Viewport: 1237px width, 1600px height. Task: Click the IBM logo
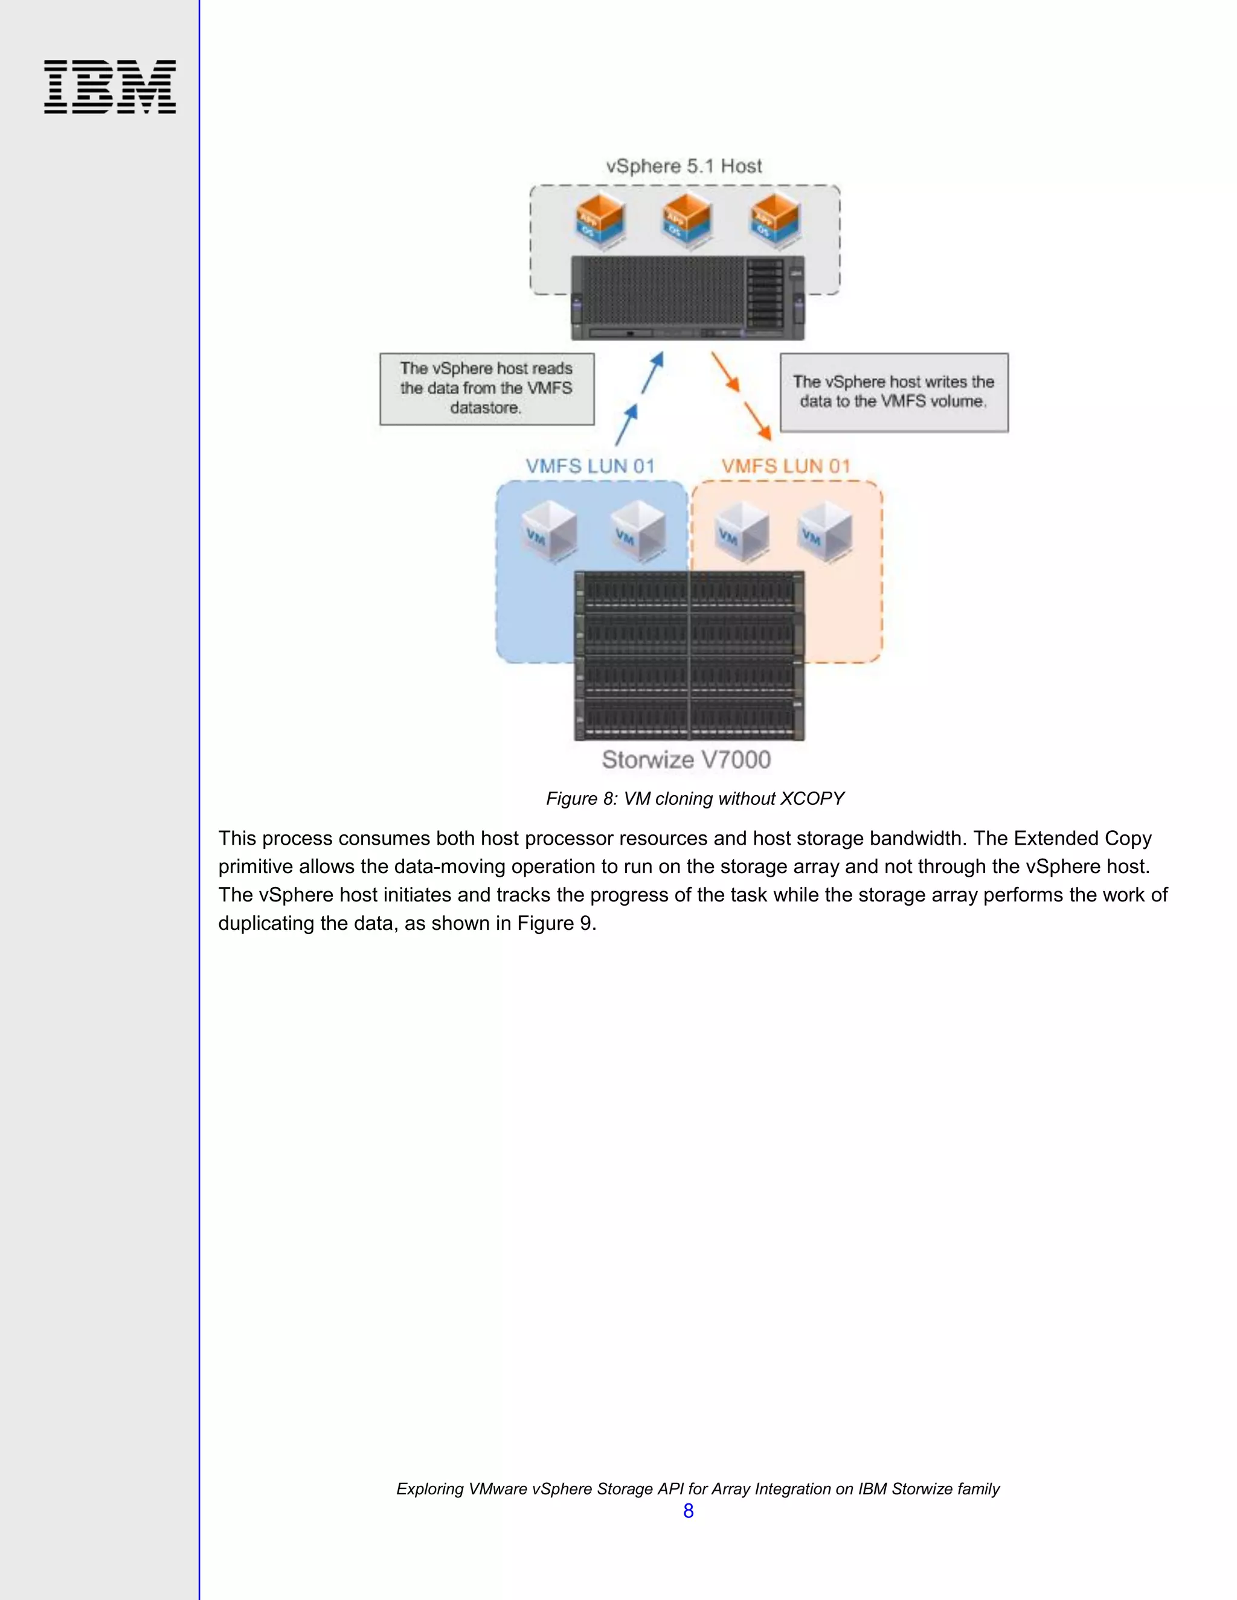110,86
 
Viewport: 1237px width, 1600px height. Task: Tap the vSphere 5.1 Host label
684,166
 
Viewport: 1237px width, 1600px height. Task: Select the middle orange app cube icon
687,217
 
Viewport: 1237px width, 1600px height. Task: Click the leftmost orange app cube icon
599,217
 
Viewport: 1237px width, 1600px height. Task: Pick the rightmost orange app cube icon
774,217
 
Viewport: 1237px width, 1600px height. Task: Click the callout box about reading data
487,389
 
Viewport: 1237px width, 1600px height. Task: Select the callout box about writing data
893,392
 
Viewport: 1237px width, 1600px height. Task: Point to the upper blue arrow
653,372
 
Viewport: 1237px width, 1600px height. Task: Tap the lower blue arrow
626,425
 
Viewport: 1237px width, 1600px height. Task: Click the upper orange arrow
725,371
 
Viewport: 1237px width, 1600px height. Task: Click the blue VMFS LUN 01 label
590,466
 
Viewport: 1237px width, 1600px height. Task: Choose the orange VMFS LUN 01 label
786,466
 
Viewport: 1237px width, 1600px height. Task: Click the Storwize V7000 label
686,760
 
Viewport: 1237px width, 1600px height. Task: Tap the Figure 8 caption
695,799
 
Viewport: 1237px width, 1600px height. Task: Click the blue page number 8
688,1511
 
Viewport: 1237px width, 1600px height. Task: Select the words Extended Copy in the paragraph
1082,838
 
